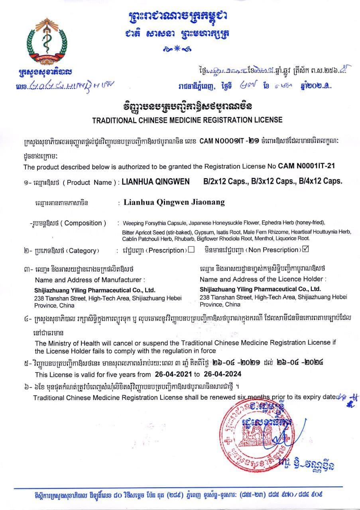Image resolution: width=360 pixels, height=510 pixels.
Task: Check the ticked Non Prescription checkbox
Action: point(306,250)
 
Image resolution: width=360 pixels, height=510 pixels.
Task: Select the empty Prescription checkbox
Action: point(191,250)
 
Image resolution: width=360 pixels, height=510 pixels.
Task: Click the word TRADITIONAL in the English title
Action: point(116,120)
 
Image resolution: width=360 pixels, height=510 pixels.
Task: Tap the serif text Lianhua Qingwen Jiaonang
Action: point(174,202)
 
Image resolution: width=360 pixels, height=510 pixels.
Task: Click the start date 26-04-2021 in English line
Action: point(169,375)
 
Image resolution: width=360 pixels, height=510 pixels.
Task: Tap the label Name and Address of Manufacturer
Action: point(90,279)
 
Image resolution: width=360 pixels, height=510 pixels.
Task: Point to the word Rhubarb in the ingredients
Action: point(185,238)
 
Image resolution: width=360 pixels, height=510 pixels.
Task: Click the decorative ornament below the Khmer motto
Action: point(177,49)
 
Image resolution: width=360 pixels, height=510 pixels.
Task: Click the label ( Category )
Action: point(81,251)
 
